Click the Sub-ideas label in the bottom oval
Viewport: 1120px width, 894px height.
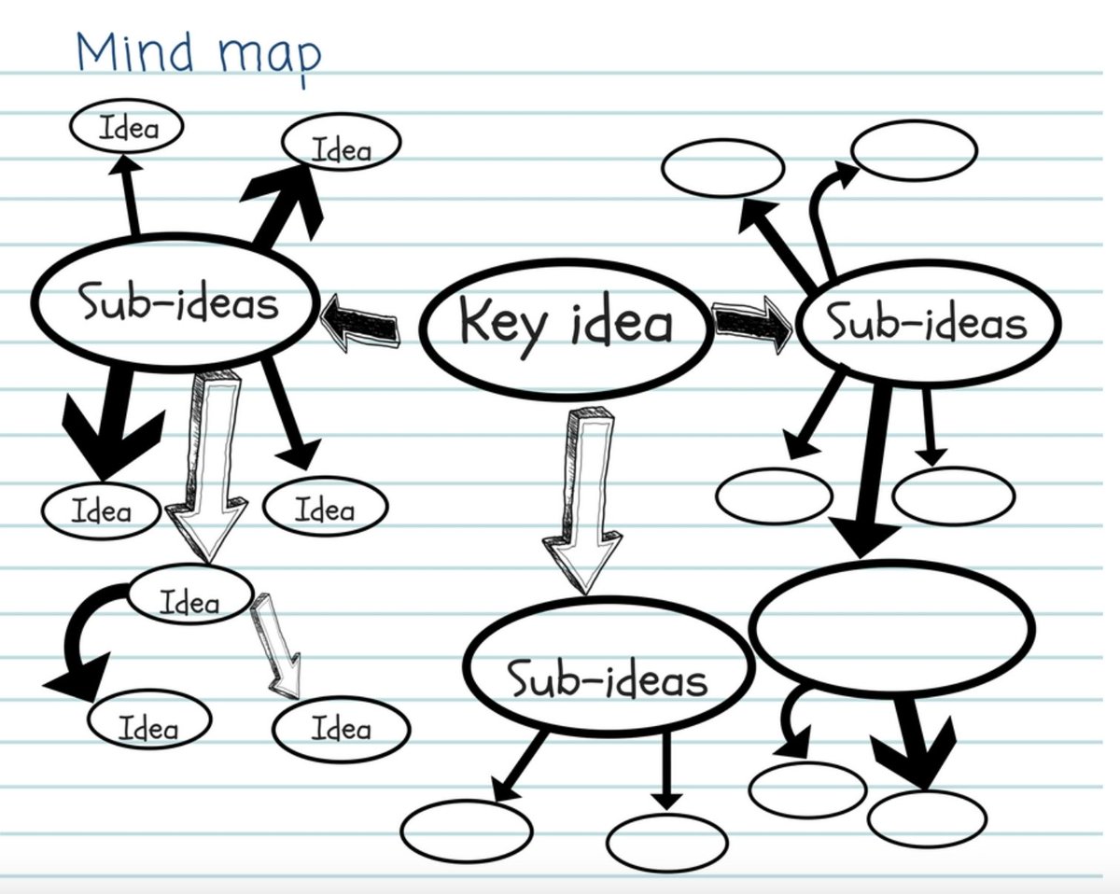[x=608, y=678]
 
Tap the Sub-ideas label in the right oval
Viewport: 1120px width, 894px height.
[x=928, y=323]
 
